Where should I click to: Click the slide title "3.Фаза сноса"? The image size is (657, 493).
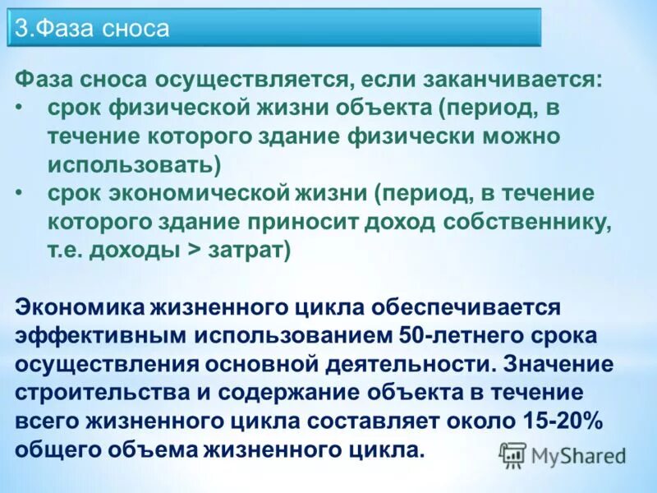pyautogui.click(x=92, y=30)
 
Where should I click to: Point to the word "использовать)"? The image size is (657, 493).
pyautogui.click(x=134, y=164)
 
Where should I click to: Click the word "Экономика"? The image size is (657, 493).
pyautogui.click(x=79, y=307)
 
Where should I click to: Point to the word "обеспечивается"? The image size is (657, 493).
pyautogui.click(x=464, y=307)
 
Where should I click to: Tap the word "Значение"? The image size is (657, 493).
pyautogui.click(x=560, y=364)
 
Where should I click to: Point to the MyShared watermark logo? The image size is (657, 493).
pyautogui.click(x=562, y=454)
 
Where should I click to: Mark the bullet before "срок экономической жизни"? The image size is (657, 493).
pyautogui.click(x=20, y=193)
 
